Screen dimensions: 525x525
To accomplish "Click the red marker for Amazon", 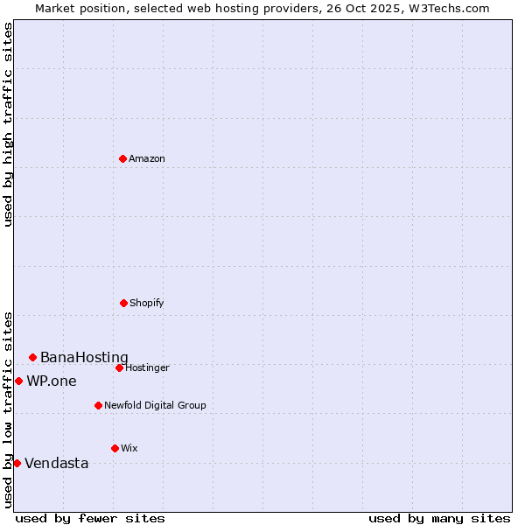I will coord(123,158).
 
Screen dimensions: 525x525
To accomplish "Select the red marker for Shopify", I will coord(123,303).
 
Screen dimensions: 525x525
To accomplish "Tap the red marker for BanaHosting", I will coord(32,357).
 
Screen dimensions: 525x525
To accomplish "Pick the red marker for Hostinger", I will coord(119,367).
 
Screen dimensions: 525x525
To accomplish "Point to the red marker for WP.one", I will coord(18,381).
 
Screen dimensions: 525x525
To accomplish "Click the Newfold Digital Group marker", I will coord(98,405).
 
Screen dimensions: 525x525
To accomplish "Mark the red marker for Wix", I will coord(115,448).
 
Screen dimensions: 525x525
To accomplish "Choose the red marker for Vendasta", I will coord(17,463).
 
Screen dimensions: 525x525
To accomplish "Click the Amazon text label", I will coord(147,158).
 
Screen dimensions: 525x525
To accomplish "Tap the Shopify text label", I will coord(147,303).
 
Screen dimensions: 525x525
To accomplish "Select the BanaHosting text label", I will coord(84,357).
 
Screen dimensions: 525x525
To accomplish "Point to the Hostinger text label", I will coord(147,367).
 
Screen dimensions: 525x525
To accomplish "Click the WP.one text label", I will coord(52,381).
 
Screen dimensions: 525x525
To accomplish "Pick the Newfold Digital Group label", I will coord(155,405).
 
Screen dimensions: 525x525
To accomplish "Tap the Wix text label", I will coord(129,448).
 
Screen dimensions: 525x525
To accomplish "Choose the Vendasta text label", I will coord(57,463).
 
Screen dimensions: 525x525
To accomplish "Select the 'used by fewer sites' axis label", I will coord(90,518).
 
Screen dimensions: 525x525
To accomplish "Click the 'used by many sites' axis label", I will coord(439,518).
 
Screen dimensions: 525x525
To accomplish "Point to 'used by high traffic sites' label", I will coord(8,124).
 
